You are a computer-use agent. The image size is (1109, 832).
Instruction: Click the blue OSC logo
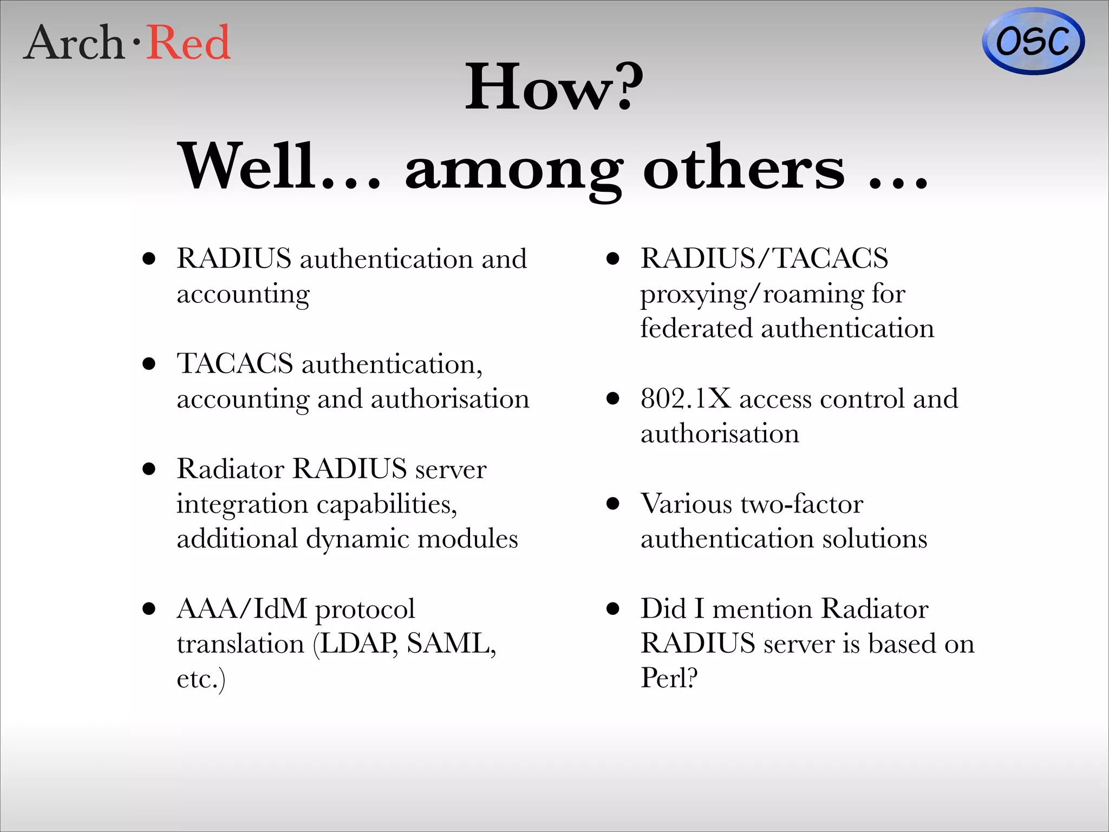click(x=1033, y=41)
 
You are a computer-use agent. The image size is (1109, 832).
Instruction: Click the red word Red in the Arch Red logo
click(x=189, y=43)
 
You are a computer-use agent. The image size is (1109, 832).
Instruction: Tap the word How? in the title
click(x=554, y=87)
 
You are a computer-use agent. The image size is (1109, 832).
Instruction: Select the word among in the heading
click(x=513, y=167)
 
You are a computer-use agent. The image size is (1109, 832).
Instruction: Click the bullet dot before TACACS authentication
click(x=149, y=363)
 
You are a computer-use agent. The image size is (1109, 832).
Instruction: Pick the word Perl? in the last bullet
click(x=669, y=678)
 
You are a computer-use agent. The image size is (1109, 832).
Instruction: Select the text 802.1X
click(x=686, y=399)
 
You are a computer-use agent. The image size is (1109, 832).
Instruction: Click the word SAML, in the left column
click(x=451, y=643)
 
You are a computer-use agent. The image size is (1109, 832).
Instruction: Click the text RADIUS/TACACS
click(x=764, y=258)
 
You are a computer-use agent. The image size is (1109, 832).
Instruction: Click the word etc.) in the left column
click(x=201, y=679)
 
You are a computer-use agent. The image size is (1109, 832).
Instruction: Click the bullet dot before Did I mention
click(x=612, y=608)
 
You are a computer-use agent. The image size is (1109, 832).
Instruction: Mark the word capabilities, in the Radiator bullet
click(x=387, y=505)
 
